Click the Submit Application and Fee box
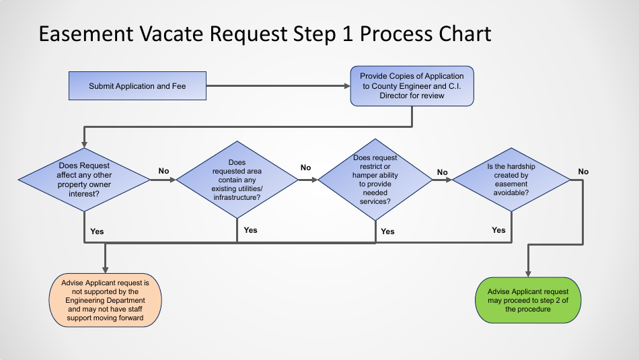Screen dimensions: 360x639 137,86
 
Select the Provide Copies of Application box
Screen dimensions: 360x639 412,85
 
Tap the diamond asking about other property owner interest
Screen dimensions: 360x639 84,180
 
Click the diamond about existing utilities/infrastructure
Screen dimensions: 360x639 237,180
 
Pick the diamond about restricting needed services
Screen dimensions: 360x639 375,180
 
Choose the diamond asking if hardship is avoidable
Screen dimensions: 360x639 511,180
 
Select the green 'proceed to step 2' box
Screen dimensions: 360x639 528,300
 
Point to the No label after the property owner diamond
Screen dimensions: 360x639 163,171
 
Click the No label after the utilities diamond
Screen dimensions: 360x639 305,168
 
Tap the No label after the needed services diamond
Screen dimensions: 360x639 442,172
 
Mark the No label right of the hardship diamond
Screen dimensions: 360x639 583,172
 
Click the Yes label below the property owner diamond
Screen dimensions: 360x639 97,231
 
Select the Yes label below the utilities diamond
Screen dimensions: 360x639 250,230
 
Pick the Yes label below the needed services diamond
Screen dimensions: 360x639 387,231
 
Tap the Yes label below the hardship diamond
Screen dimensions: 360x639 498,230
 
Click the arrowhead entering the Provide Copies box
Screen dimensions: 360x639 346,86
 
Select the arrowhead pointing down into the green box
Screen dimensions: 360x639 528,273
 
